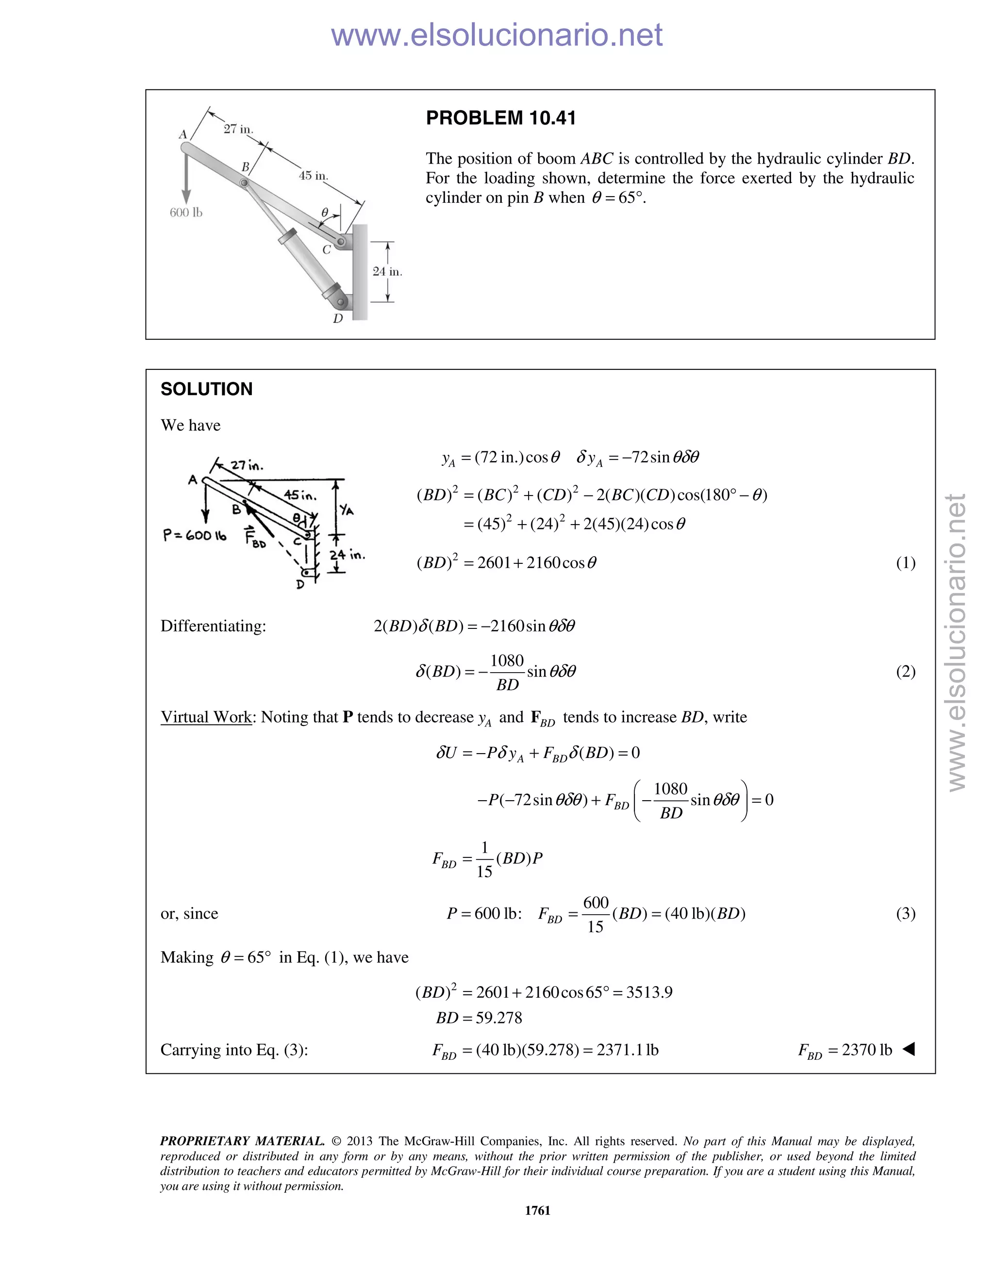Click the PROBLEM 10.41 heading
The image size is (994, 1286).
(x=500, y=118)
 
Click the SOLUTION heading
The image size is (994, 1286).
(x=206, y=389)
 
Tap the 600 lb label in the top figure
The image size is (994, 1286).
(x=186, y=213)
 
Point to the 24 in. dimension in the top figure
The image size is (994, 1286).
(x=387, y=271)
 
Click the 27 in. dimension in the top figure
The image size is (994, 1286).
(x=238, y=129)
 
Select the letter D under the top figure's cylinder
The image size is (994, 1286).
(x=338, y=318)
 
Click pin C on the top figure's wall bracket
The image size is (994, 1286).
(x=341, y=241)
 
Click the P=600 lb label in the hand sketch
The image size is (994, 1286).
(x=194, y=535)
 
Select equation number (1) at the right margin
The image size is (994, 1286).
(x=905, y=563)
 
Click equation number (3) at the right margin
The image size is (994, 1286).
(x=905, y=914)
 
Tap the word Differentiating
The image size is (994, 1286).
(x=213, y=626)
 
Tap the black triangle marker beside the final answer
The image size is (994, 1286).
(x=909, y=1049)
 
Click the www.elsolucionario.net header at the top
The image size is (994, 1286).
(x=497, y=35)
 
